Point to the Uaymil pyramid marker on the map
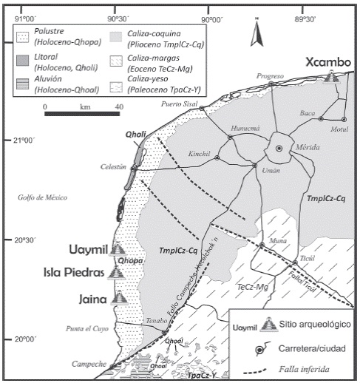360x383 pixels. (116, 250)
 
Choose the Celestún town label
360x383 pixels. (110, 168)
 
